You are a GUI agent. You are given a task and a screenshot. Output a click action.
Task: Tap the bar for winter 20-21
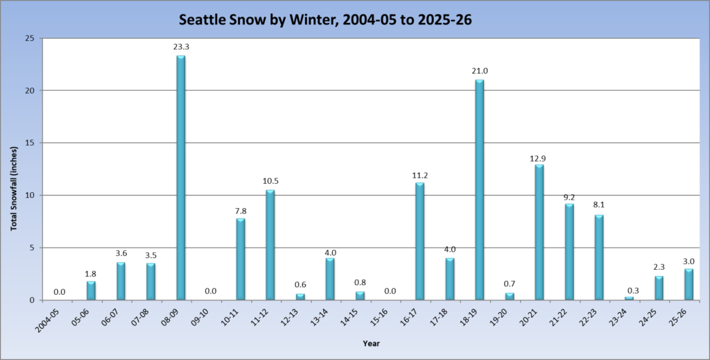pyautogui.click(x=539, y=232)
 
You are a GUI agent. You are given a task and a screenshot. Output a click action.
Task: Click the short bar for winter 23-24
pyautogui.click(x=629, y=298)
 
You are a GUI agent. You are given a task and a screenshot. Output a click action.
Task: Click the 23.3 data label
pyautogui.click(x=181, y=46)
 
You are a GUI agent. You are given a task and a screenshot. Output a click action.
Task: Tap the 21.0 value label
pyautogui.click(x=479, y=71)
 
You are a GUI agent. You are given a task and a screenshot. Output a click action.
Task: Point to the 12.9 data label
pyautogui.click(x=539, y=155)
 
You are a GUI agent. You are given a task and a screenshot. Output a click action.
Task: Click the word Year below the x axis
pyautogui.click(x=370, y=343)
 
